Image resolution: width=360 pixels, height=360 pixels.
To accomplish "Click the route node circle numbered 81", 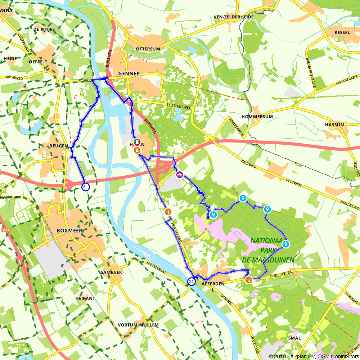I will pyautogui.click(x=85, y=187).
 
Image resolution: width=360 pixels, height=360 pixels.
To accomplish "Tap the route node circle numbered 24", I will pyautogui.click(x=192, y=282).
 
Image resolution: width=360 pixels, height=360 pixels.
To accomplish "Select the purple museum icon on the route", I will pyautogui.click(x=179, y=175).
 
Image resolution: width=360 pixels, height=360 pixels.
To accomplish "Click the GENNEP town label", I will pyautogui.click(x=129, y=73).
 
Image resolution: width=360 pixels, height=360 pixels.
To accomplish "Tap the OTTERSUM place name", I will pyautogui.click(x=148, y=49).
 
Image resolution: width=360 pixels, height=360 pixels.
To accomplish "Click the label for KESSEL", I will pyautogui.click(x=342, y=32).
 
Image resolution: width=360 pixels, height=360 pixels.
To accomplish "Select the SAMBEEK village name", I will pyautogui.click(x=112, y=273).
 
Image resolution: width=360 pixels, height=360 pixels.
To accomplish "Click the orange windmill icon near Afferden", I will pyautogui.click(x=248, y=279).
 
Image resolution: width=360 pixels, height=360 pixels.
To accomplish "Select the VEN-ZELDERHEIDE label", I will pyautogui.click(x=234, y=17).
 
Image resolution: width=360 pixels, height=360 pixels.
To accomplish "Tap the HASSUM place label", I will pyautogui.click(x=334, y=125).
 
